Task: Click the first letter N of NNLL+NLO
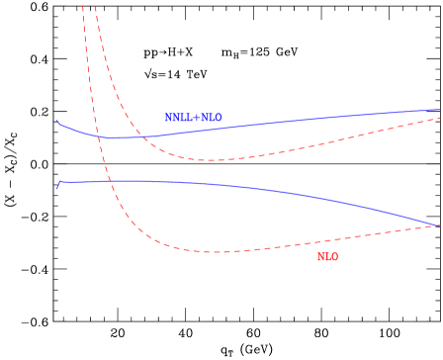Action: coord(168,118)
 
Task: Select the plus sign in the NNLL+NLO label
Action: coord(196,118)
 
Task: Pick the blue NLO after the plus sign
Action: coord(211,118)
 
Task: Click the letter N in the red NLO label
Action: coord(320,257)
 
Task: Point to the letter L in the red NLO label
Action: coord(327,257)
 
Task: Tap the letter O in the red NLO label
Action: coord(334,257)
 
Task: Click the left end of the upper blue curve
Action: coord(57,122)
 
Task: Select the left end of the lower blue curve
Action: coord(57,187)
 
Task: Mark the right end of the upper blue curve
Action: coord(440,110)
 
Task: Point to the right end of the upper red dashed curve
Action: coord(440,118)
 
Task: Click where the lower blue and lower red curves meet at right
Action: coord(439,225)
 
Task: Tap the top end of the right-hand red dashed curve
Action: coord(95,7)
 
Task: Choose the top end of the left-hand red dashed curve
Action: coord(82,7)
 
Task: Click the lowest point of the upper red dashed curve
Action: coord(211,160)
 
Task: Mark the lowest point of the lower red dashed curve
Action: coord(213,252)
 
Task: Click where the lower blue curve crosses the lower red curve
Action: coord(111,181)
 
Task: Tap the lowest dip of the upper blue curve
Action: coord(111,138)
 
